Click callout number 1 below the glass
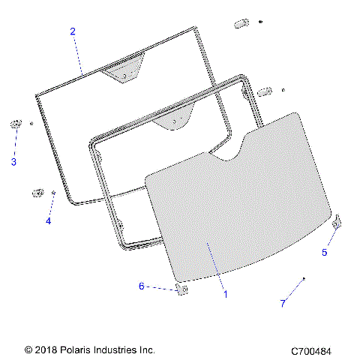[x=225, y=294]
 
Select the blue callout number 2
[x=73, y=31]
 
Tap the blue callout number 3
[x=13, y=161]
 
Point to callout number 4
[x=48, y=221]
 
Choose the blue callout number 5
[x=325, y=253]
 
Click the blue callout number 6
[x=141, y=286]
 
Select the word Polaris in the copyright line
[x=77, y=349]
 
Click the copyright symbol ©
[x=29, y=350]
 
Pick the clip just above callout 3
[x=15, y=124]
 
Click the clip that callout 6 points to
[x=181, y=289]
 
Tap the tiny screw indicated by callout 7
[x=303, y=279]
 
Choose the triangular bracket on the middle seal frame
[x=173, y=121]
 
